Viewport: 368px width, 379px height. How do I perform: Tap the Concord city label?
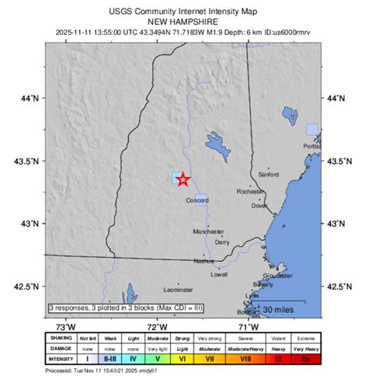(x=196, y=200)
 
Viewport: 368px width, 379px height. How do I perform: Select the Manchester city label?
(x=208, y=231)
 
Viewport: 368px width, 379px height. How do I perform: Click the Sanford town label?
(x=269, y=175)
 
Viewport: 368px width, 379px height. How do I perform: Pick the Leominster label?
(x=178, y=290)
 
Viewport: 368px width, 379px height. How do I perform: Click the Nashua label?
(x=203, y=261)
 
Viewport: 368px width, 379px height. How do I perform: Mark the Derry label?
(x=222, y=242)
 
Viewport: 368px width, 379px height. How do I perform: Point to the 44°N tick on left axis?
(x=30, y=99)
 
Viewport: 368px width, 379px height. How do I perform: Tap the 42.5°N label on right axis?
(x=337, y=287)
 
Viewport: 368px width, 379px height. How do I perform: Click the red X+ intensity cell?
(x=306, y=360)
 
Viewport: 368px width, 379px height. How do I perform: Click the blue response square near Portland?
(x=312, y=129)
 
